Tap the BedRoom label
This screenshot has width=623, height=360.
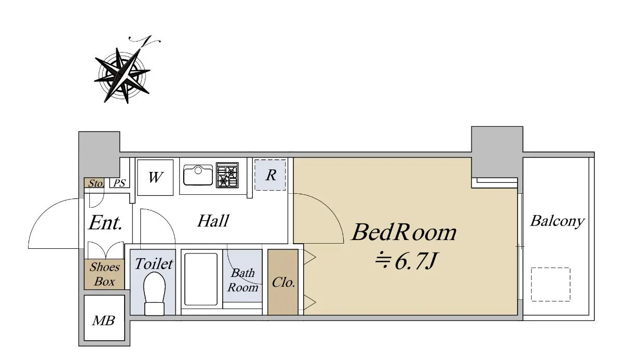pos(404,232)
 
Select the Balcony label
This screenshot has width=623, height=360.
pos(557,222)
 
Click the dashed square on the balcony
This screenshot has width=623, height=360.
pos(550,284)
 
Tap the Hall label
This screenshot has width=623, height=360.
pos(213,221)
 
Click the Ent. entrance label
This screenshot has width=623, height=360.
pos(105,222)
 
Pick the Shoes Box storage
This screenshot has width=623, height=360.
pos(104,274)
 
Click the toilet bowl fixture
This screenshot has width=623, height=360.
pos(154,294)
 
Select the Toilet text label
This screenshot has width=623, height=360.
pos(154,264)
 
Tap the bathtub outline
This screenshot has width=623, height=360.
pos(201,279)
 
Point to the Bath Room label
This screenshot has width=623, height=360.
pos(242,280)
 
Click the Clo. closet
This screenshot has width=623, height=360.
pos(283,282)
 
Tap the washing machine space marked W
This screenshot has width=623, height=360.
pos(155,177)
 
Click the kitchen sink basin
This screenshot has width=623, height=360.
pos(198,175)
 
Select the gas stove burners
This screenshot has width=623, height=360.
pos(227,175)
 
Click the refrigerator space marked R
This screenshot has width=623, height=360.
pos(270,175)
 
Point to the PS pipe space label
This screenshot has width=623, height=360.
pos(119,183)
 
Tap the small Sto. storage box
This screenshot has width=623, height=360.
pos(94,183)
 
